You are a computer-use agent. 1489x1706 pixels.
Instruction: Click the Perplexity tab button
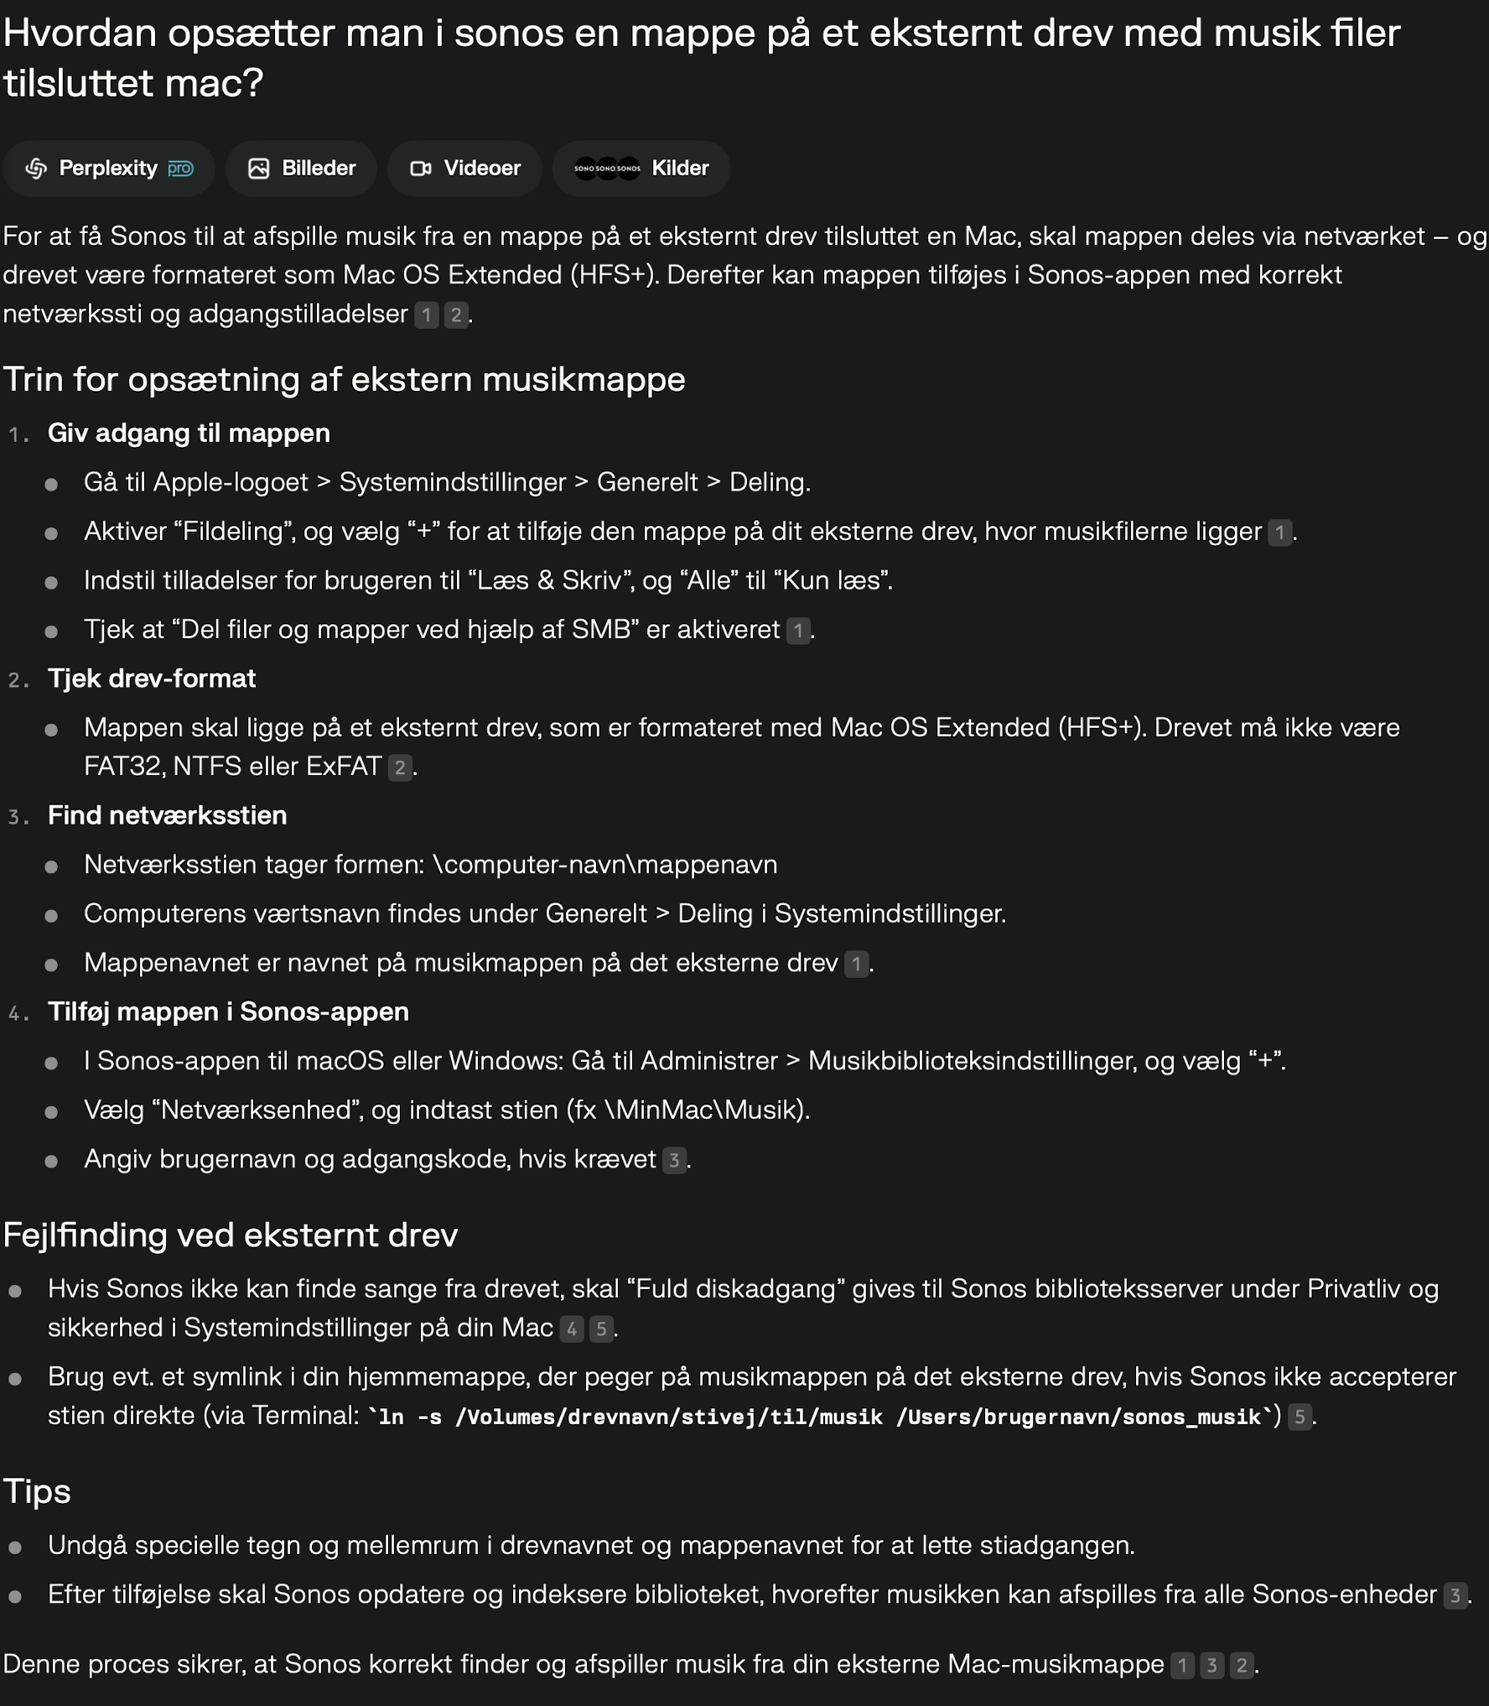(109, 169)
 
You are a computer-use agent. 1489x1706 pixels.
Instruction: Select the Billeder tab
(301, 169)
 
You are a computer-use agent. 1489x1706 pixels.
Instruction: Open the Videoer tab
(464, 169)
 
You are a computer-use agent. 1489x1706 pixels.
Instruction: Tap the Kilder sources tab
(641, 169)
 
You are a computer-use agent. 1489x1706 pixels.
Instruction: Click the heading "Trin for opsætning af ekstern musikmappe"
(344, 380)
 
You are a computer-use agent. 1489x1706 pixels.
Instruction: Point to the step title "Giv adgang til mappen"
(189, 434)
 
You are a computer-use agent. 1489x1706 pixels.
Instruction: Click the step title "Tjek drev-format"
(152, 679)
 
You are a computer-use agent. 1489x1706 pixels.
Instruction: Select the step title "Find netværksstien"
(167, 815)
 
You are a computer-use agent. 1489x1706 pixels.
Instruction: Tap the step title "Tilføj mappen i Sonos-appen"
(228, 1012)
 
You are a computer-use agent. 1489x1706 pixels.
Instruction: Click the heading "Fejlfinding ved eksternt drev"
(231, 1235)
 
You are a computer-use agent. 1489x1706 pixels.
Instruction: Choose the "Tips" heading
(37, 1491)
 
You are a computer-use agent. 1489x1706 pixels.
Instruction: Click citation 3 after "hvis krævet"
(674, 1160)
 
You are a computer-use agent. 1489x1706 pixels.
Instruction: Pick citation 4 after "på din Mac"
(572, 1329)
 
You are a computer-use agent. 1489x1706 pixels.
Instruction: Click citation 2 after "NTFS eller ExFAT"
(400, 767)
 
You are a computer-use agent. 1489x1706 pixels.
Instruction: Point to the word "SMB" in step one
(600, 629)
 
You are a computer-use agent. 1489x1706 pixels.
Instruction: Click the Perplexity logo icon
(36, 169)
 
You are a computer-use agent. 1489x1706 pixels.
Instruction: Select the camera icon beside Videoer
(421, 169)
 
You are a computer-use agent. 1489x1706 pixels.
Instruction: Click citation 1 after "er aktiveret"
(798, 630)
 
